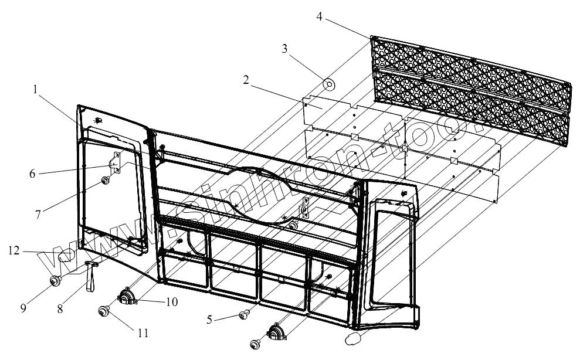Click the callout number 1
pos(36,90)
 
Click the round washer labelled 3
pos(330,85)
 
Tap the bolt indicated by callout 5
pos(242,317)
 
